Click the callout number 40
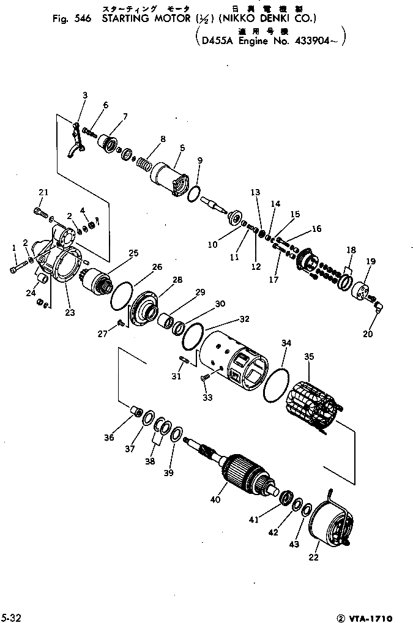tap(215, 500)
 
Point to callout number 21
tap(42, 193)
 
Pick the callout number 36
tap(108, 437)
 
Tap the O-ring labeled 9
tap(193, 193)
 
